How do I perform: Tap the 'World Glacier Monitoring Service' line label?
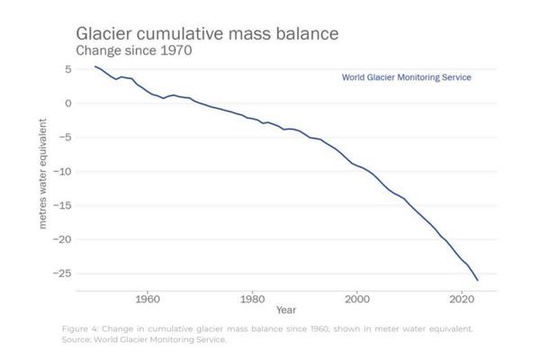pos(407,77)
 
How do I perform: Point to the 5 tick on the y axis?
pos(68,69)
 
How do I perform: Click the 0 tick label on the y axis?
pos(68,103)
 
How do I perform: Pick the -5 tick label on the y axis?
pos(66,138)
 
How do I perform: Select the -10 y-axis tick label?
pos(63,172)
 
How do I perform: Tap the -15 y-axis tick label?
pos(63,206)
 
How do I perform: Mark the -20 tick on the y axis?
pos(63,240)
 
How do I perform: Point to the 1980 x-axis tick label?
pos(252,298)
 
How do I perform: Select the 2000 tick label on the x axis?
pos(357,298)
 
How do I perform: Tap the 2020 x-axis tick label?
pos(463,298)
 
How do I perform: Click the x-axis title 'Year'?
pos(286,310)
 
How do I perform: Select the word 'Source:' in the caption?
pos(78,339)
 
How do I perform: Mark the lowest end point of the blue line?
pos(478,281)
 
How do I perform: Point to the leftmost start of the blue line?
pos(94,66)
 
